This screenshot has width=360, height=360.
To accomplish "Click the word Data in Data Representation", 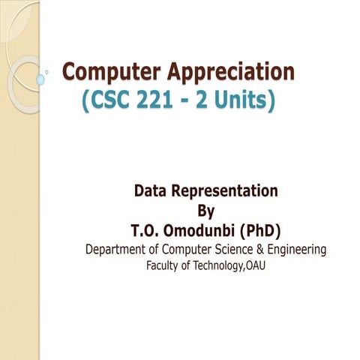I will tap(152, 190).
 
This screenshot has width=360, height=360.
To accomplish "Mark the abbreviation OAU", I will tap(255, 266).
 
